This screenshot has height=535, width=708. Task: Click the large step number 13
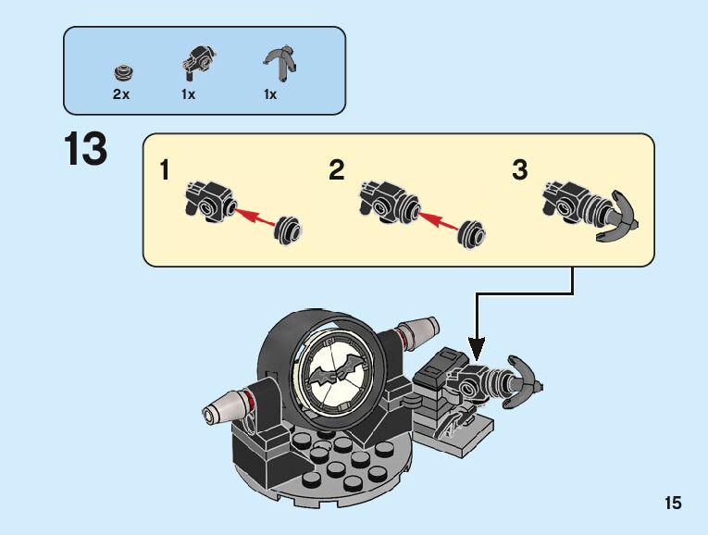pyautogui.click(x=85, y=151)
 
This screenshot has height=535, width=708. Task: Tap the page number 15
pyautogui.click(x=672, y=504)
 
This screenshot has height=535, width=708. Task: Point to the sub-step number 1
pyautogui.click(x=165, y=171)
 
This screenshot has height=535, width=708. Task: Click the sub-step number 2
pyautogui.click(x=336, y=171)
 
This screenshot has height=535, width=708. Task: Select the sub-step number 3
pyautogui.click(x=520, y=171)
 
